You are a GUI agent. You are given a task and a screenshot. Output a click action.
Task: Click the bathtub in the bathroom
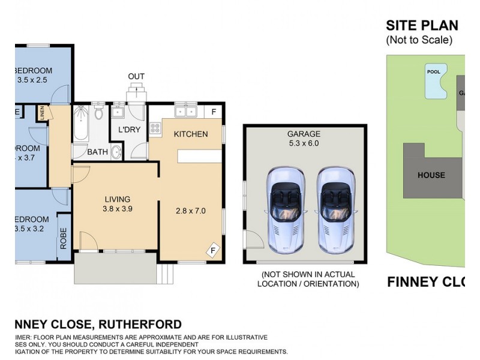pyautogui.click(x=81, y=125)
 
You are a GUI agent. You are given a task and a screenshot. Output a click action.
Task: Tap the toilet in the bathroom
pyautogui.click(x=100, y=114)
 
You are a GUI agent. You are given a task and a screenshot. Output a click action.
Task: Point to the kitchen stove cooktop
pyautogui.click(x=155, y=128)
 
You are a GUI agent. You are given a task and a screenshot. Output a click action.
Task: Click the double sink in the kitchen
pyautogui.click(x=185, y=112)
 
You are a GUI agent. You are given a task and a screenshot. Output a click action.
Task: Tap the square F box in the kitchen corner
pyautogui.click(x=214, y=112)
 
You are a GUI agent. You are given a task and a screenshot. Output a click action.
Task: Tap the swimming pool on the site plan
pyautogui.click(x=435, y=81)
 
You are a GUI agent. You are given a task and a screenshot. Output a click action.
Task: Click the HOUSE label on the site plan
pyautogui.click(x=431, y=175)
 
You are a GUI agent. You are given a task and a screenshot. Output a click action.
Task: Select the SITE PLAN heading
pyautogui.click(x=422, y=25)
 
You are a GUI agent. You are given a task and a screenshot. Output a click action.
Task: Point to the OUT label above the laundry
pyautogui.click(x=136, y=76)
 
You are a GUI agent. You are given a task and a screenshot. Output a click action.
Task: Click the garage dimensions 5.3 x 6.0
pyautogui.click(x=304, y=144)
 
